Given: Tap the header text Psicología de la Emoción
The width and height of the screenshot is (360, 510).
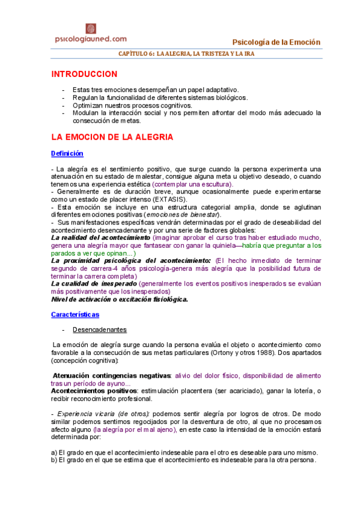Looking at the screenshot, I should [x=276, y=41].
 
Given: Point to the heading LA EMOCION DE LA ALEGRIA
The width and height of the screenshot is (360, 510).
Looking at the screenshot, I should [x=112, y=137].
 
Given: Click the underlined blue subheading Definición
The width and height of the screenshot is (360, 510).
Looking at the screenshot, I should [x=67, y=154].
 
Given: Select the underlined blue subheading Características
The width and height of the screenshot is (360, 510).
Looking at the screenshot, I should [x=75, y=315].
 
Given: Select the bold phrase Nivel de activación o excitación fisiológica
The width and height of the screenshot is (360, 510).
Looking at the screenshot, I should [x=119, y=299].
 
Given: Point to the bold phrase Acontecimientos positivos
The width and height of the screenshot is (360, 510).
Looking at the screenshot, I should [x=93, y=391].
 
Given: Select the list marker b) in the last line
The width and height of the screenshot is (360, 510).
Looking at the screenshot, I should [x=54, y=460].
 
